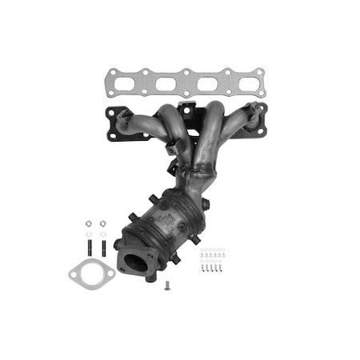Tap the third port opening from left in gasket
click(204, 83)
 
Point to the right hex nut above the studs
click(102, 223)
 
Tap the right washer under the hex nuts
click(102, 234)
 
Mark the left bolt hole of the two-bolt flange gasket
click(74, 278)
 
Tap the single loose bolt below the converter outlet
click(167, 285)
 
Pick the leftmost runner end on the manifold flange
click(123, 122)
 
